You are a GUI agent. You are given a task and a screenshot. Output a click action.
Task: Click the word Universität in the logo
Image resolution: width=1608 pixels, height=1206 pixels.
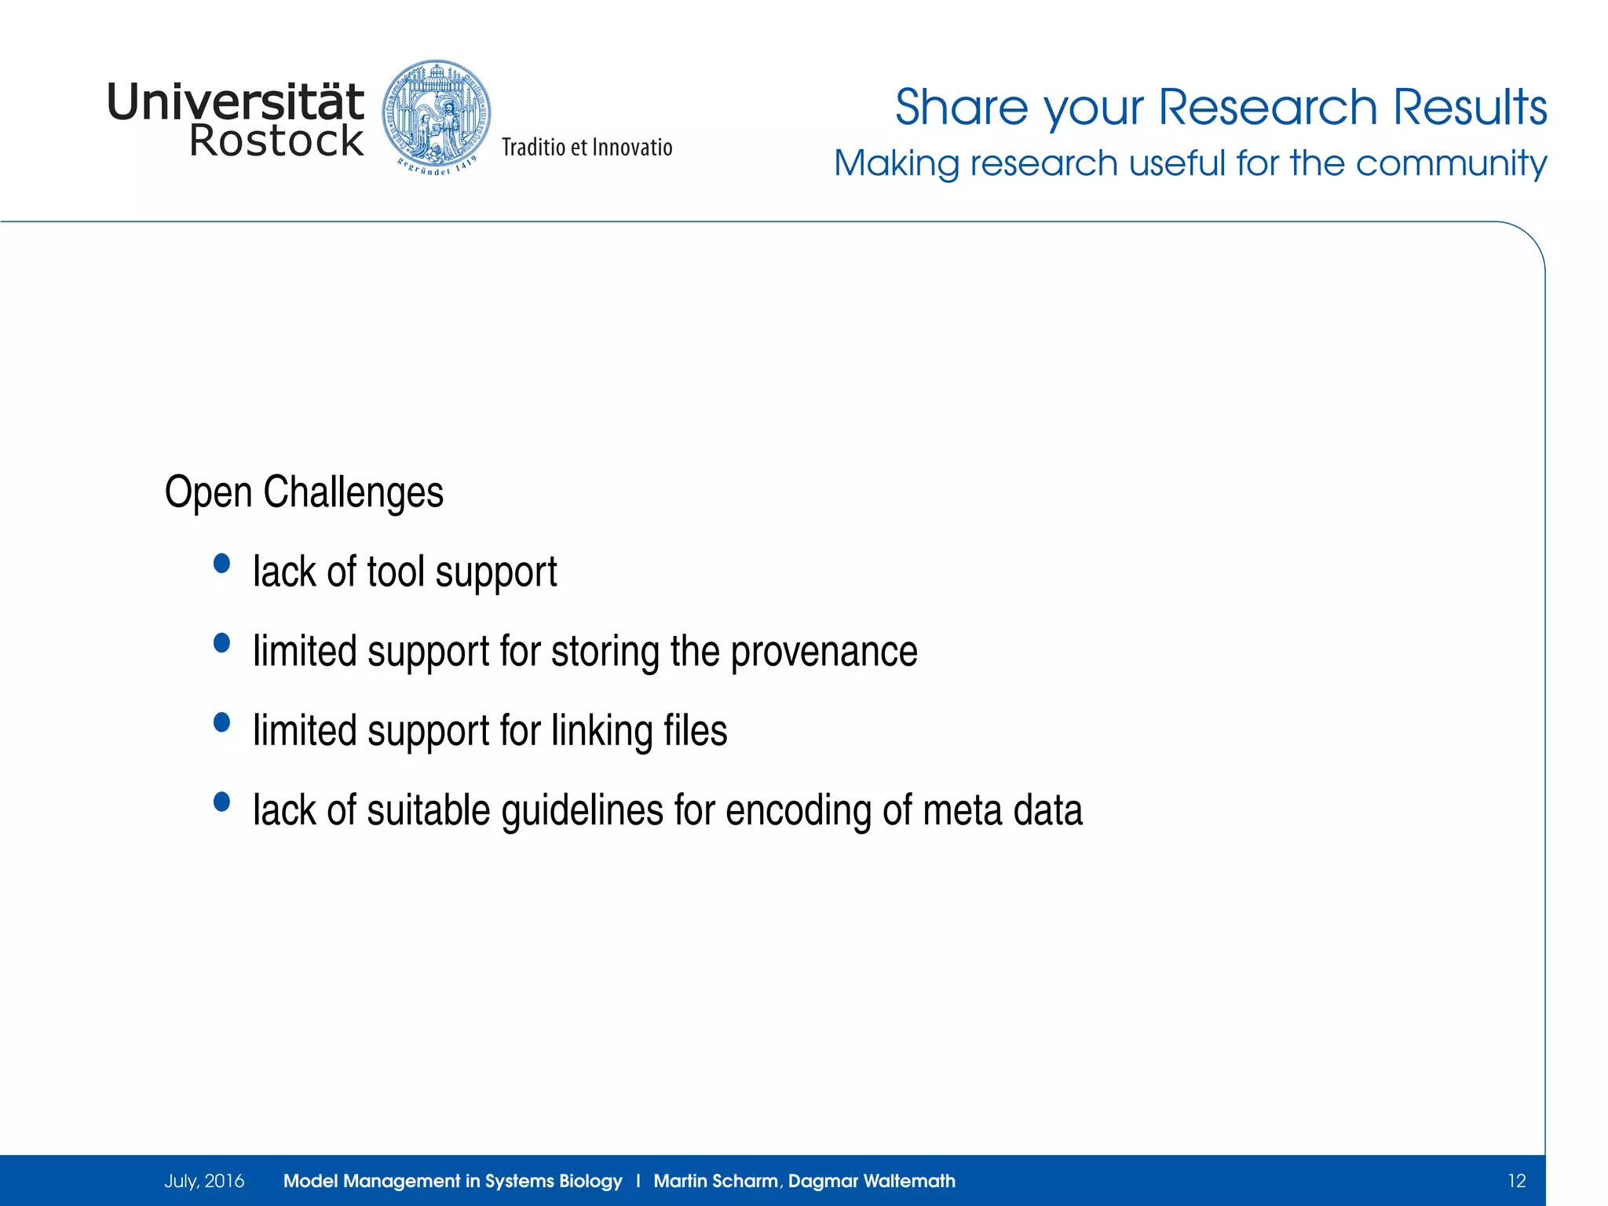tap(235, 102)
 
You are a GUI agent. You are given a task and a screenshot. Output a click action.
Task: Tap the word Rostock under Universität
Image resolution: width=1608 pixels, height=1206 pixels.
tap(276, 141)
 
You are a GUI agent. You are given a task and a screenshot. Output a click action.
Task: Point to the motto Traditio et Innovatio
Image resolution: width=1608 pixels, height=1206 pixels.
tap(587, 148)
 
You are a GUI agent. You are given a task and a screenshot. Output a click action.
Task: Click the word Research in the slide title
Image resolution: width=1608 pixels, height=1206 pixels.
tap(1267, 108)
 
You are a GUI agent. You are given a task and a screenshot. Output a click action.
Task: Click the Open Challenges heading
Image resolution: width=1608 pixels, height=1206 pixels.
tap(304, 493)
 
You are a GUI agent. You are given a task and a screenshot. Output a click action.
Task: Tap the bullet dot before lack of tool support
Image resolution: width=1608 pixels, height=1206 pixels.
tap(222, 563)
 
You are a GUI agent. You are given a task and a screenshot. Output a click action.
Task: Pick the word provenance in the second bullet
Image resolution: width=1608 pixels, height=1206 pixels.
tap(824, 652)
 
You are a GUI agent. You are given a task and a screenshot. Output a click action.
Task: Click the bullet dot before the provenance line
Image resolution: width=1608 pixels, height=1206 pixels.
tap(222, 643)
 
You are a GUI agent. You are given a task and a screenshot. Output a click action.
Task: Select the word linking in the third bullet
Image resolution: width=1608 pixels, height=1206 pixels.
tap(601, 731)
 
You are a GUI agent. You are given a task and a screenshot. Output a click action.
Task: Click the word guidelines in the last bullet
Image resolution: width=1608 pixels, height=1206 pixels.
tap(582, 811)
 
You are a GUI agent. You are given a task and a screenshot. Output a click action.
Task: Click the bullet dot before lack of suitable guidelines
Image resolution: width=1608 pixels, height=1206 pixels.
tap(222, 802)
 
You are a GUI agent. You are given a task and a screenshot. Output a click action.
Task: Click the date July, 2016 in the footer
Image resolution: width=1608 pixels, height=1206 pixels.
tap(204, 1181)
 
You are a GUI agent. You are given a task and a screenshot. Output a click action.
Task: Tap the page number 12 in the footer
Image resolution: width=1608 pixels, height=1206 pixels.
tap(1516, 1181)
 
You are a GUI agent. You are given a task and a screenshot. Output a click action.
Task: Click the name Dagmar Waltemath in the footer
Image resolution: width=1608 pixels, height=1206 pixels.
tap(872, 1181)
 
